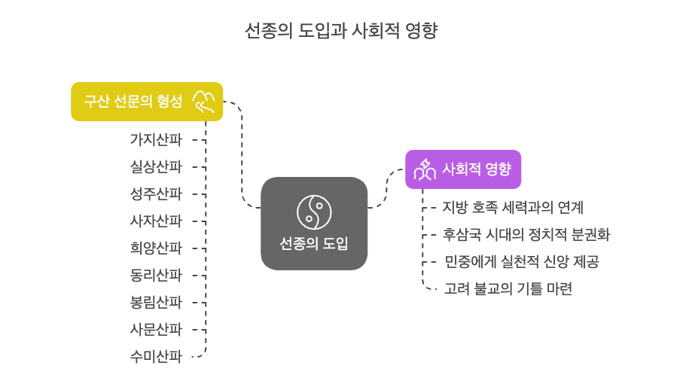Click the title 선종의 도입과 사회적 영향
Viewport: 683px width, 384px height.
click(x=341, y=31)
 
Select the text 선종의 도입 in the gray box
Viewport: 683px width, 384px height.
click(x=313, y=244)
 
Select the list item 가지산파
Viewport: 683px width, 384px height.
click(x=156, y=139)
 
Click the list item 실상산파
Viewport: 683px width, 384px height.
click(x=156, y=166)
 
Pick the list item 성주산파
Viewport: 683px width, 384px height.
click(x=156, y=194)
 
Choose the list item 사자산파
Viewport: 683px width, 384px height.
click(x=156, y=221)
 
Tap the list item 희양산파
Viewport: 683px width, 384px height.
click(x=156, y=248)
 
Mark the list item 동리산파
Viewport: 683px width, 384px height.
click(x=156, y=275)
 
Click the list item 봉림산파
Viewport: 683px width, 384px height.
click(x=156, y=302)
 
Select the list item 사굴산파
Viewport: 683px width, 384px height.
click(x=156, y=329)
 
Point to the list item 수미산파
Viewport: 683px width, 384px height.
click(x=156, y=356)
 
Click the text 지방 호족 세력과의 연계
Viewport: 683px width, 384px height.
click(x=513, y=207)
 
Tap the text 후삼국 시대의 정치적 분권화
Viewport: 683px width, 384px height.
click(x=526, y=234)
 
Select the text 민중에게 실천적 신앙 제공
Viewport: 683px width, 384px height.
click(x=521, y=261)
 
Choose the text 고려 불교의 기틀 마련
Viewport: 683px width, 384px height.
click(x=507, y=288)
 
